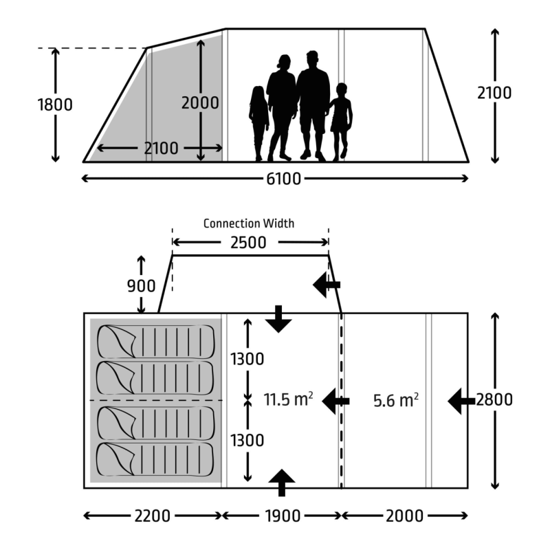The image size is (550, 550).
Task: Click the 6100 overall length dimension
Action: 283,179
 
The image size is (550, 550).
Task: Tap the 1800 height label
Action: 55,104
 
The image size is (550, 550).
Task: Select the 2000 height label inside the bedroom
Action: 200,102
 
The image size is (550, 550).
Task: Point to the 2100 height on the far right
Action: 494,93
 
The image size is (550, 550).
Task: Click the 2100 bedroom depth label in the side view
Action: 161,148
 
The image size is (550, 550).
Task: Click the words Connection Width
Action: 249,223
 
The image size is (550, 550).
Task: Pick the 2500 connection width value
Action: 248,243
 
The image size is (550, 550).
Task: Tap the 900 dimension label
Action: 141,286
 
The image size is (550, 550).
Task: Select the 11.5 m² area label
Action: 288,399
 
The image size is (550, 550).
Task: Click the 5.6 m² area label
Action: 396,400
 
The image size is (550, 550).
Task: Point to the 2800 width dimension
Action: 494,399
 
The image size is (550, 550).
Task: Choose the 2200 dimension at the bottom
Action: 152,516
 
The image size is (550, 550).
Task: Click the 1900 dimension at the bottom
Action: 283,516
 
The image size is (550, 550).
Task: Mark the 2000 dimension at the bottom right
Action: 404,516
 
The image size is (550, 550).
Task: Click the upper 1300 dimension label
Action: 247,359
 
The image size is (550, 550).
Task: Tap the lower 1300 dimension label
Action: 247,440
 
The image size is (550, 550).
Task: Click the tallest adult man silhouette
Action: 313,106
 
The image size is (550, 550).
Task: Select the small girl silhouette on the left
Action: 259,124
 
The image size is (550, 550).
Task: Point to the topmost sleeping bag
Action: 156,342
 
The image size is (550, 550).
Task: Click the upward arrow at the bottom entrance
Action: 281,483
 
